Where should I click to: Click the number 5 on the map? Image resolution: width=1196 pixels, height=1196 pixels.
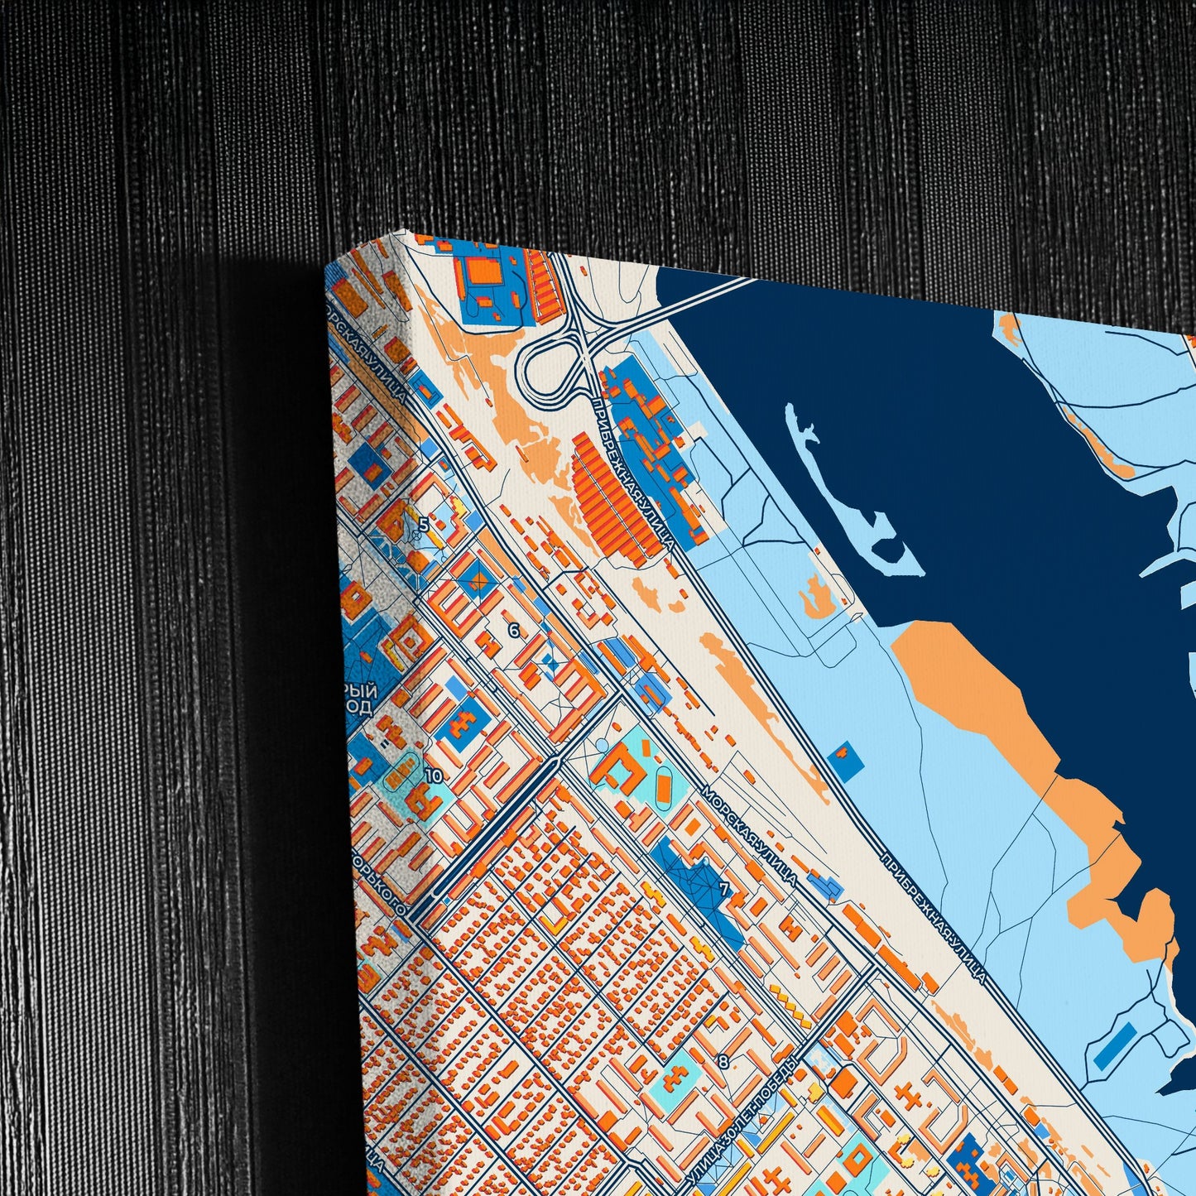point(424,524)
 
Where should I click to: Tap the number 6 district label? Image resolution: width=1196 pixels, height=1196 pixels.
point(513,631)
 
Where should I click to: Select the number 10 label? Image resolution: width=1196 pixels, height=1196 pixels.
point(433,776)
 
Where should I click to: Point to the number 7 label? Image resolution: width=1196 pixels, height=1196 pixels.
point(725,891)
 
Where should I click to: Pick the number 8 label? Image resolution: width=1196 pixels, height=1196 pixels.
point(723,1061)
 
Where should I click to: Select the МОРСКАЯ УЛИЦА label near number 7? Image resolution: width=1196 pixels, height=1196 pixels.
point(749,836)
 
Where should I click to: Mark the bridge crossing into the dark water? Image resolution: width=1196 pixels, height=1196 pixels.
point(704,299)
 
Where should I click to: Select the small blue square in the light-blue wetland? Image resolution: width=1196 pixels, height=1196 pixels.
point(845,761)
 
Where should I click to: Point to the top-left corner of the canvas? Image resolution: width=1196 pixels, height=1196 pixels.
point(327,267)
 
